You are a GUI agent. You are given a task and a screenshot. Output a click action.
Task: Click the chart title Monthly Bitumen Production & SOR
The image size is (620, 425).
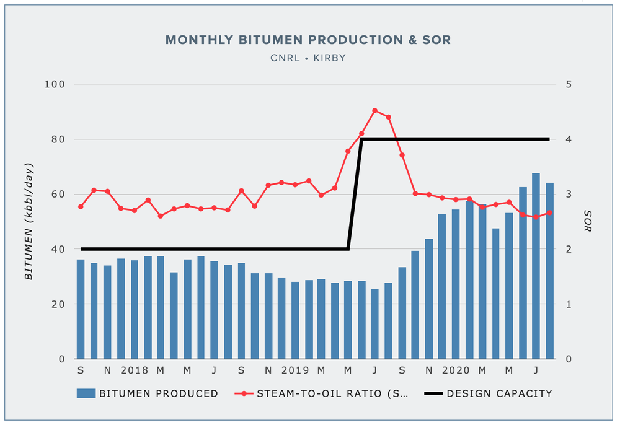pos(308,40)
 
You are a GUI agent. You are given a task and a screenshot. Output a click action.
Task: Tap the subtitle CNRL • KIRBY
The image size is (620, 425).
pos(308,58)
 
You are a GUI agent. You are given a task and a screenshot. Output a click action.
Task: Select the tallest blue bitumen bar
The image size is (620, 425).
pos(536,266)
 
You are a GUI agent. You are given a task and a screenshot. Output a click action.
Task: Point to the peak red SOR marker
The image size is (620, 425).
pos(374,111)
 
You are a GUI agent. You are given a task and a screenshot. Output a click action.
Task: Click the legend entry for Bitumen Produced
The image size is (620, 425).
pos(148,393)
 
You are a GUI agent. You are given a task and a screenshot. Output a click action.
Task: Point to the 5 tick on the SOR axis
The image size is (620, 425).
pos(568,84)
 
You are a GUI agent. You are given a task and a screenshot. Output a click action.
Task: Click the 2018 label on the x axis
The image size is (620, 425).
pos(135,370)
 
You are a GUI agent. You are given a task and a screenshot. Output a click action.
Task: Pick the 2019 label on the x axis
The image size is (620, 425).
pos(295,370)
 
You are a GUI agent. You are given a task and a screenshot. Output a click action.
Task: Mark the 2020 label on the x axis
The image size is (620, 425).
pos(456,370)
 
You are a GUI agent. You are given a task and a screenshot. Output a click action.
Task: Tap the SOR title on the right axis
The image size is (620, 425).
pos(588,221)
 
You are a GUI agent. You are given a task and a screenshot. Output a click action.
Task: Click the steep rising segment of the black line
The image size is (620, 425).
pos(355,194)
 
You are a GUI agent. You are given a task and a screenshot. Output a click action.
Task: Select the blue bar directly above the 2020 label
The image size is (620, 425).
pos(456,284)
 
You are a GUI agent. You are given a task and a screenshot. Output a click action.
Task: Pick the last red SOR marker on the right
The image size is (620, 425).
pos(549,212)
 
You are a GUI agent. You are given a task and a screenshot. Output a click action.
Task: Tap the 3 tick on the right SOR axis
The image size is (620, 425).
pos(568,195)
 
